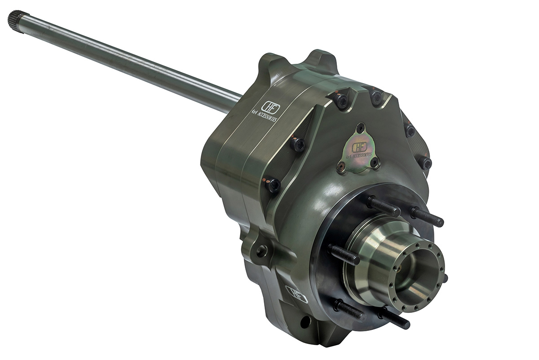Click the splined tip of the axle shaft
tap(16, 20)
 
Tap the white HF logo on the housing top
tap(270, 108)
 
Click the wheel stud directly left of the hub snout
tap(344, 254)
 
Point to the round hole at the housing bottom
tap(305, 322)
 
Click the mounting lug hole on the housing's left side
tap(261, 250)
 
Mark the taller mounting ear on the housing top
tap(321, 60)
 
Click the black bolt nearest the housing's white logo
tap(297, 144)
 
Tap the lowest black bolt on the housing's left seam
tap(273, 184)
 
